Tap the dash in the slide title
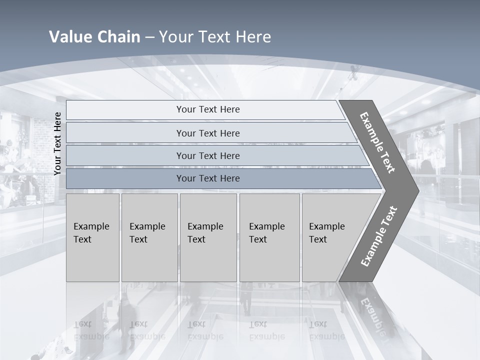[x=149, y=37]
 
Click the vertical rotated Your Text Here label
[x=57, y=143]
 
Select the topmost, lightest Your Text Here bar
[x=207, y=109]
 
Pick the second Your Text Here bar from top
[x=207, y=133]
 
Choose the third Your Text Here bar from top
[x=207, y=155]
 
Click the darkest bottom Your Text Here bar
[x=207, y=178]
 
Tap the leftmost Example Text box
[x=92, y=237]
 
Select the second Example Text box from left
[x=149, y=237]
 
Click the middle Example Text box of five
[x=208, y=237]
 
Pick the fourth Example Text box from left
[x=269, y=237]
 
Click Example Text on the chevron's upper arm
[x=377, y=143]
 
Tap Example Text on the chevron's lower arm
[x=378, y=236]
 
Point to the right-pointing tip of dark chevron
[x=416, y=190]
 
